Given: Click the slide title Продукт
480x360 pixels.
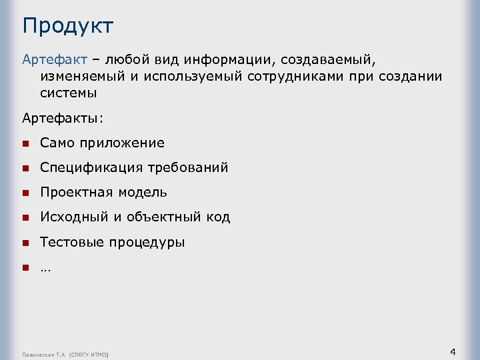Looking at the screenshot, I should coord(67,27).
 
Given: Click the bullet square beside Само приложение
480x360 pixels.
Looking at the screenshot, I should coord(25,143).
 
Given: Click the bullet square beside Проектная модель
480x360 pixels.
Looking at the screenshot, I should coord(25,193).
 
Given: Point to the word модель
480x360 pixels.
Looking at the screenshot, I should coord(143,193).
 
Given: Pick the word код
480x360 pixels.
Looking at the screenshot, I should coord(218,217).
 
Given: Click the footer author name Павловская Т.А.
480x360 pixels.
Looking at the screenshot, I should coord(45,353).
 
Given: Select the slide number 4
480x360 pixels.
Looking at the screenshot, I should coord(453,351).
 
